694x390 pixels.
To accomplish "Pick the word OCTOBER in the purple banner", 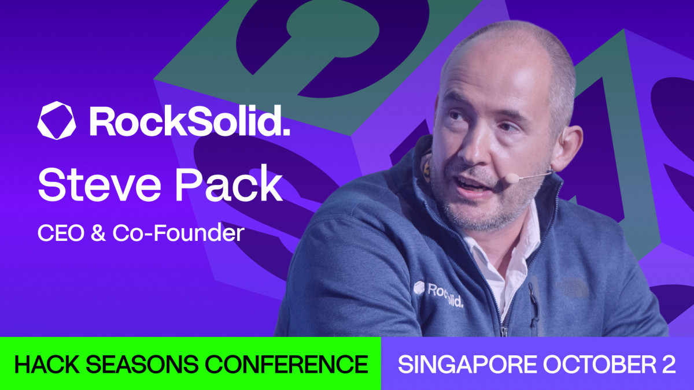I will (x=589, y=365).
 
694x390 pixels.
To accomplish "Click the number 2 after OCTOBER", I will (x=669, y=365).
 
